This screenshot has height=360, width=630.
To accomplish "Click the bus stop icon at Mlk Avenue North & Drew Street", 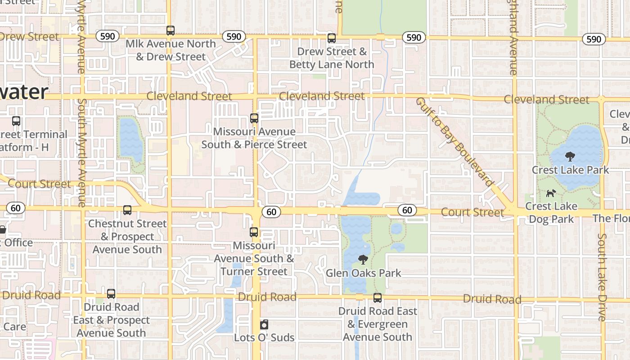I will click(170, 31).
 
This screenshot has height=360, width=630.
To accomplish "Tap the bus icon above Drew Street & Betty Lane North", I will click(332, 38).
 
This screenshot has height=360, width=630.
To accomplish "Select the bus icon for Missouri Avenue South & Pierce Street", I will click(254, 118).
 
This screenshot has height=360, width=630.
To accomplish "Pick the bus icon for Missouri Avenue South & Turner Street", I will click(254, 232).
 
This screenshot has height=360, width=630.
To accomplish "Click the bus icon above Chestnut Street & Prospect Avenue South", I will click(127, 210).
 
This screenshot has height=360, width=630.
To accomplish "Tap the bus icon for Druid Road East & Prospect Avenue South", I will click(111, 294).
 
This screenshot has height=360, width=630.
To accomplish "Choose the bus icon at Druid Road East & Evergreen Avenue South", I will click(378, 298).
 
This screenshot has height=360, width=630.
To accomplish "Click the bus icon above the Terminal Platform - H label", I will click(16, 121).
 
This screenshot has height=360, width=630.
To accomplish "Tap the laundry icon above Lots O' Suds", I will click(264, 324).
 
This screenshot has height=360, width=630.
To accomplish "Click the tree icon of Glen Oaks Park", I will click(363, 260).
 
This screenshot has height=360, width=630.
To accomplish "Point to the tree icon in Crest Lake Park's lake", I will click(570, 157).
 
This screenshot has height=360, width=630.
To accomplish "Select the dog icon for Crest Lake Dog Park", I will click(551, 193).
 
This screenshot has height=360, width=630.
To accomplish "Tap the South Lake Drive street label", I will click(602, 277).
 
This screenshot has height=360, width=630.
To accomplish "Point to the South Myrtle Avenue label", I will click(81, 153).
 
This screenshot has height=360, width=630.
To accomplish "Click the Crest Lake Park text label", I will click(570, 170).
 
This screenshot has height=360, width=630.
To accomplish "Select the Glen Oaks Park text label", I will click(363, 273).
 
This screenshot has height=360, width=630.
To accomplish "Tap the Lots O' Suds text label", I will click(264, 337).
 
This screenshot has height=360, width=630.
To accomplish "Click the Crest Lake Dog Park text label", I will click(551, 212).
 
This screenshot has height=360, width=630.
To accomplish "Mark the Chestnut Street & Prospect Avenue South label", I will click(127, 236).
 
